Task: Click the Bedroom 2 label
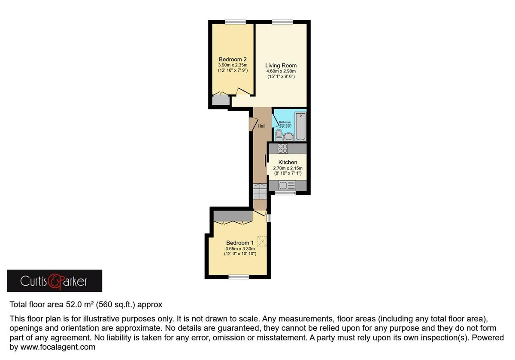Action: click(232, 59)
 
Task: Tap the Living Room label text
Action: click(281, 65)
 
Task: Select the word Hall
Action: click(261, 126)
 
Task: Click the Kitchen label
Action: click(288, 162)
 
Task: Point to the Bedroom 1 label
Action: click(240, 242)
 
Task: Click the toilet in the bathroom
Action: click(279, 135)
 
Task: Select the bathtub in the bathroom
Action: click(301, 127)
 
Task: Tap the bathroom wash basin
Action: click(288, 137)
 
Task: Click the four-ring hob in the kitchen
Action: click(282, 148)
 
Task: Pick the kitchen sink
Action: click(284, 186)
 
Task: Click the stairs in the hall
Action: click(259, 191)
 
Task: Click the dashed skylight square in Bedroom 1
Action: click(262, 241)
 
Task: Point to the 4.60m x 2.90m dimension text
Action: click(281, 71)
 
